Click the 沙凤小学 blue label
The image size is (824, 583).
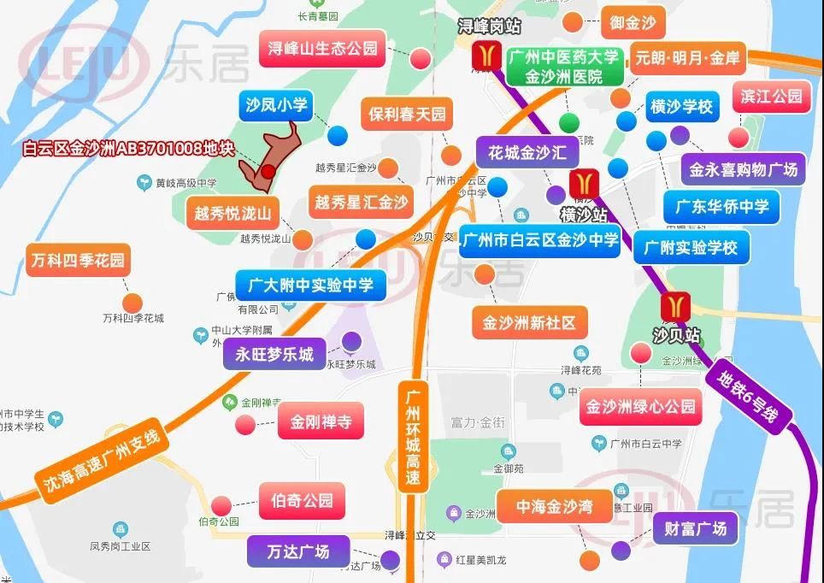tap(275, 105)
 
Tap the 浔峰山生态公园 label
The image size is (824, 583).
tap(322, 49)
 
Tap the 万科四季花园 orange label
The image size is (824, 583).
tap(77, 259)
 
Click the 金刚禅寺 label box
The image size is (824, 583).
tap(321, 421)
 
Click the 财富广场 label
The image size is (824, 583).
tap(695, 528)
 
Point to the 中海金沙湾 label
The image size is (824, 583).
tap(552, 507)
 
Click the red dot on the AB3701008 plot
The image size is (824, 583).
tap(268, 172)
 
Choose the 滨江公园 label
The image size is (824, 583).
tap(771, 96)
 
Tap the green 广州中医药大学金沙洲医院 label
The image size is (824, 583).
tap(563, 67)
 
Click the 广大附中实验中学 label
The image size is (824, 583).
tap(311, 286)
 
